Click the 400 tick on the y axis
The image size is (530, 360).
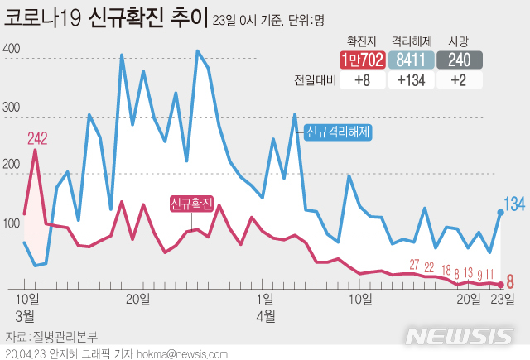pos(12,49)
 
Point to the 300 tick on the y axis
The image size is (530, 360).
pos(12,108)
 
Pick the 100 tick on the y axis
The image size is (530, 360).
pos(12,224)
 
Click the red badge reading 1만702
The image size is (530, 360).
pos(360,60)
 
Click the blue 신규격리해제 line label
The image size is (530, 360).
pos(338,132)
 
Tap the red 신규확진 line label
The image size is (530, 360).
pos(191,204)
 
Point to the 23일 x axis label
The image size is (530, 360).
pos(503,299)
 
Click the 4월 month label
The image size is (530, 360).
pos(266,315)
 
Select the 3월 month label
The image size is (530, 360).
pos(25,315)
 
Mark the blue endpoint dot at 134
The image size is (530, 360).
pos(500,213)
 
